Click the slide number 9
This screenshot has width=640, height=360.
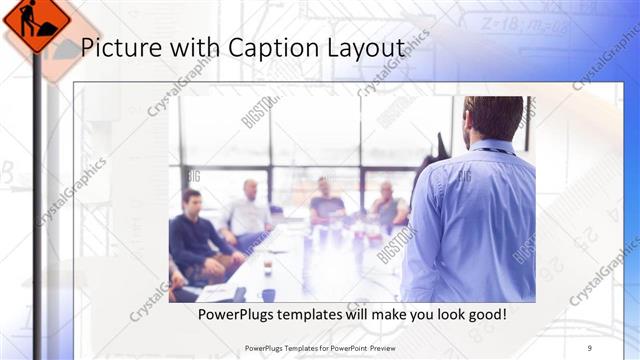click(x=590, y=347)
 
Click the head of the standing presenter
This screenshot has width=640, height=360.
click(x=494, y=118)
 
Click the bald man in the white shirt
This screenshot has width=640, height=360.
click(x=249, y=210)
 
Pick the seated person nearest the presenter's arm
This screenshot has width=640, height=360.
click(x=388, y=206)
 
